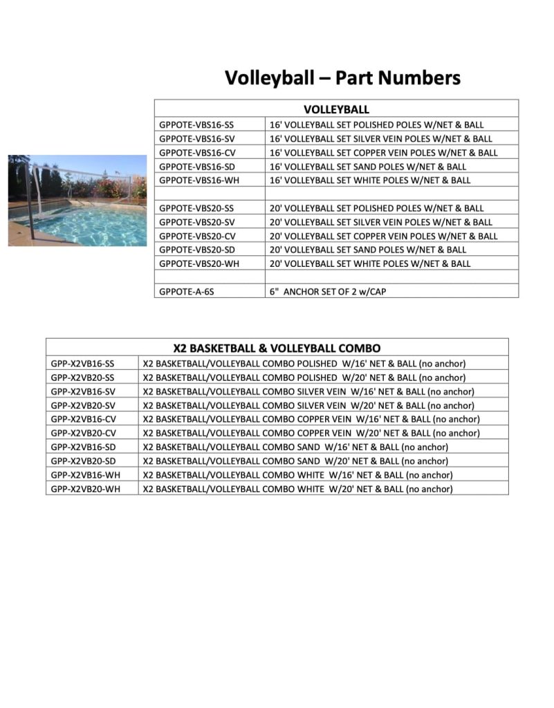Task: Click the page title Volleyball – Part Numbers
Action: click(x=342, y=77)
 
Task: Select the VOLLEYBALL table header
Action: click(x=336, y=109)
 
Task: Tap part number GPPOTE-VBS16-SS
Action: click(x=196, y=125)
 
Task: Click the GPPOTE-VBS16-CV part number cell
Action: click(x=196, y=153)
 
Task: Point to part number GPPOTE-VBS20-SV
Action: click(x=196, y=222)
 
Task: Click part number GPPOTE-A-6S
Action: click(x=187, y=292)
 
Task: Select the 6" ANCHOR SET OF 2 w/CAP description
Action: click(x=328, y=292)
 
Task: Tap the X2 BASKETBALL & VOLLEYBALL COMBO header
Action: click(x=277, y=348)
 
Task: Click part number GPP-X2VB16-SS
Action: click(x=83, y=364)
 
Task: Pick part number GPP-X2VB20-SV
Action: click(x=83, y=405)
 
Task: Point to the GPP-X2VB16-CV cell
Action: click(x=83, y=419)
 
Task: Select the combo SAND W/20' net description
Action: click(x=295, y=461)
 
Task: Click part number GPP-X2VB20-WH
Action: click(x=84, y=489)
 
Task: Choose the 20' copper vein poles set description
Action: click(x=383, y=236)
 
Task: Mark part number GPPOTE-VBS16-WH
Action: click(x=197, y=180)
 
